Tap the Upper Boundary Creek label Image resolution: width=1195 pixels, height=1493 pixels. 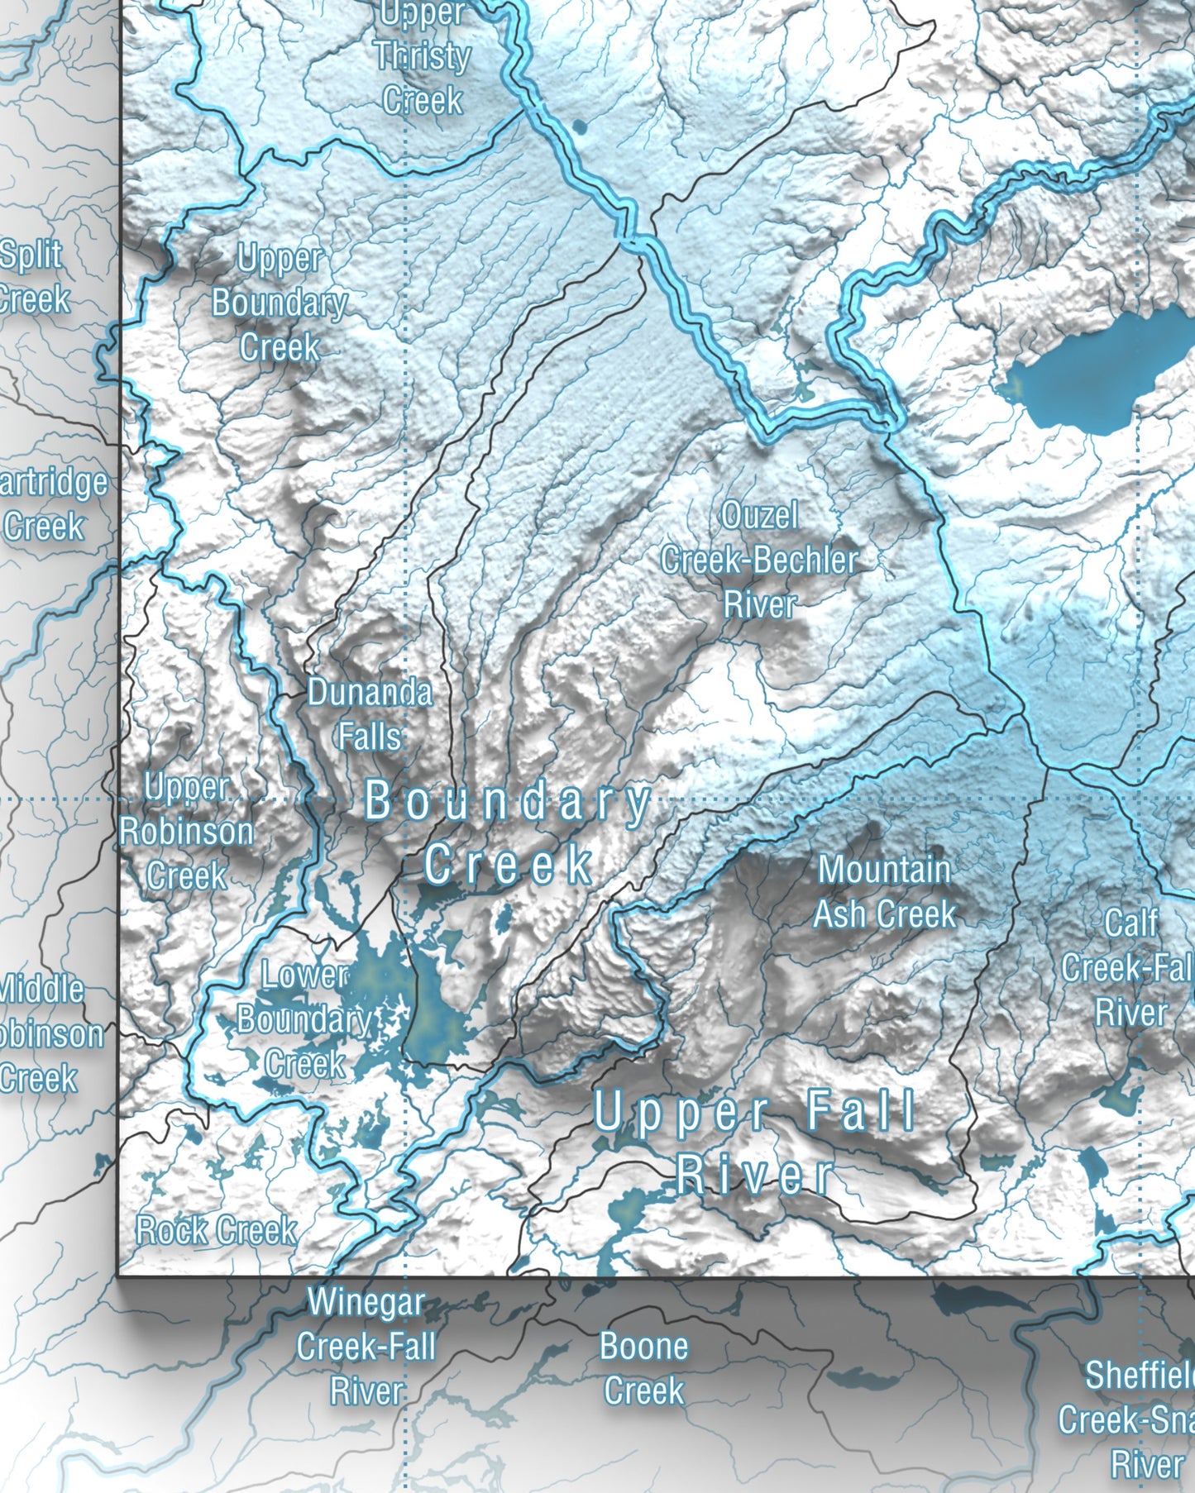pos(280,303)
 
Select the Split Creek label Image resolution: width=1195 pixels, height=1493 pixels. pos(31,277)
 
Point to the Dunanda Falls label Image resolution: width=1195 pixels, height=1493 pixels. pos(370,714)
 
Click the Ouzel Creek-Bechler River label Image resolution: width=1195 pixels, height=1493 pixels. pos(759,560)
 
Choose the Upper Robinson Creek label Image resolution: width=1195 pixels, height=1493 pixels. pos(187,831)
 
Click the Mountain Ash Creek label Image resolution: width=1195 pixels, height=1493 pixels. pos(884,892)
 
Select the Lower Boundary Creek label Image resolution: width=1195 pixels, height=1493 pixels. pos(304,1019)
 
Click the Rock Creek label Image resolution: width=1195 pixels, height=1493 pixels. pos(217,1231)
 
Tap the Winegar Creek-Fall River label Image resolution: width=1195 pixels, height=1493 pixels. pos(366,1347)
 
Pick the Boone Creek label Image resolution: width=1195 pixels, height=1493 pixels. pos(643,1368)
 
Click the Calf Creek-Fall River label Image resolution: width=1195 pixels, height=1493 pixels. pos(1130,968)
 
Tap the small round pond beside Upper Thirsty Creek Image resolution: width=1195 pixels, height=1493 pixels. pos(579,126)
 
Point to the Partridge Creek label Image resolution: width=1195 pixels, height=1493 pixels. pos(50,504)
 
